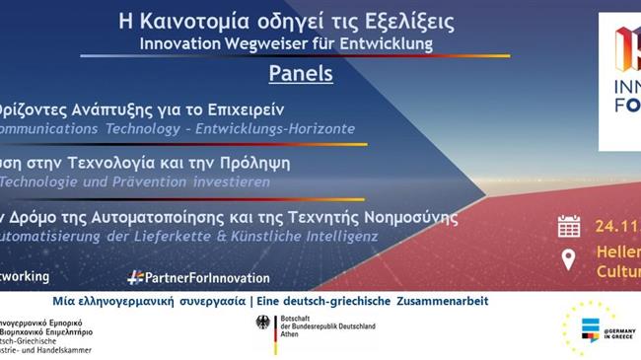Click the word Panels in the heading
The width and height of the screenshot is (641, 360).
[x=301, y=73]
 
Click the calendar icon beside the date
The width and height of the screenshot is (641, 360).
[x=569, y=227]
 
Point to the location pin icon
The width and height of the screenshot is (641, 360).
[x=569, y=259]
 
